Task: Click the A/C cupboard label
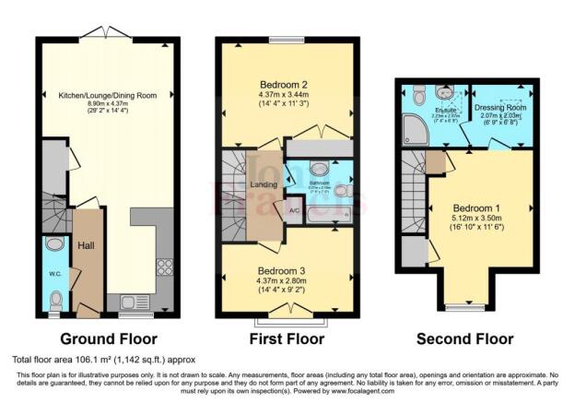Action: pyautogui.click(x=294, y=210)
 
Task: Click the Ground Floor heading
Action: pyautogui.click(x=109, y=338)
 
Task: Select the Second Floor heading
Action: pyautogui.click(x=466, y=338)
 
